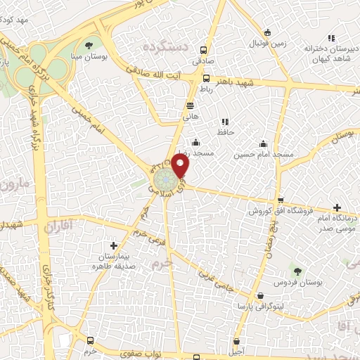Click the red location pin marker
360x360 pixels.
(181, 165)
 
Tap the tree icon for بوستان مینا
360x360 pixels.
(89, 45)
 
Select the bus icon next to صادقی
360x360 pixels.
(204, 50)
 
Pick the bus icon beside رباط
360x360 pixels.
(206, 78)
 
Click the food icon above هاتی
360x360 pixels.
(190, 105)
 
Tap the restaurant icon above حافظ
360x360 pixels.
(225, 122)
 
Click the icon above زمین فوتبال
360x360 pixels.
(267, 32)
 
